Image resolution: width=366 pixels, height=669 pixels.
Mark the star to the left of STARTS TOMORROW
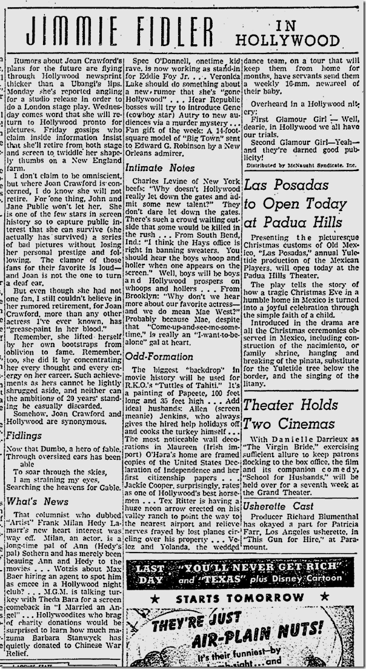coord(155,599)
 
